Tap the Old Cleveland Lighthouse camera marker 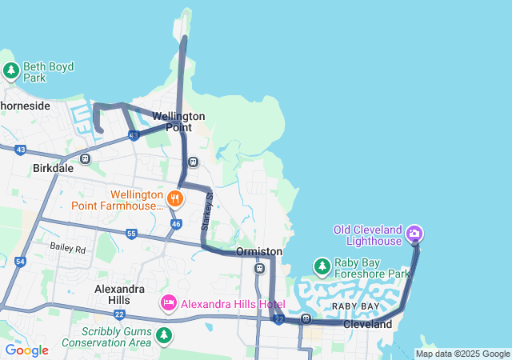pos(414,234)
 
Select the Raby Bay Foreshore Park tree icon pos(322,266)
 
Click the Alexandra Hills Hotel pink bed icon pos(168,303)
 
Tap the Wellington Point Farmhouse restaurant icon pos(174,198)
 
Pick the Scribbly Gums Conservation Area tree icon pos(164,334)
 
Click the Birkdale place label pos(54,169)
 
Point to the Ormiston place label pos(258,251)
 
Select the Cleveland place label pos(368,325)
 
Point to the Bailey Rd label pos(67,249)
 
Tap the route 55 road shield pos(131,234)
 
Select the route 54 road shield pos(20,262)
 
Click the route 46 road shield pos(175,224)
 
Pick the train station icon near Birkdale pos(86,158)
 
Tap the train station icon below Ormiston pos(259,268)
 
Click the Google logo pos(26,350)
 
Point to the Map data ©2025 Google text pos(462,354)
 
